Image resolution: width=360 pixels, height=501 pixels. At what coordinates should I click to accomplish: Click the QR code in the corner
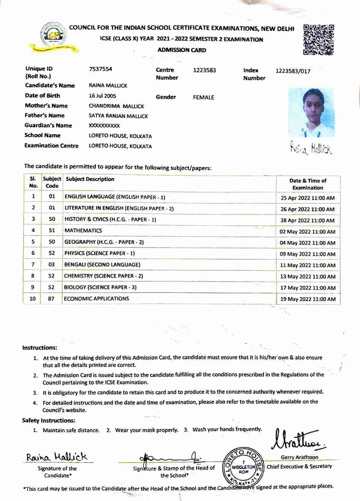pyautogui.click(x=319, y=39)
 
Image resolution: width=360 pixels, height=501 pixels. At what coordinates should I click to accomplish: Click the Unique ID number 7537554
pyautogui.click(x=101, y=69)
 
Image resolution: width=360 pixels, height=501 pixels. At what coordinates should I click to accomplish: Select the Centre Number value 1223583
pyautogui.click(x=204, y=70)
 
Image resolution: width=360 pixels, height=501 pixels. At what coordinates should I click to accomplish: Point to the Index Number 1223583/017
pyautogui.click(x=293, y=71)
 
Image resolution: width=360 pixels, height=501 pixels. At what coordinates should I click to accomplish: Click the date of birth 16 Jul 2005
pyautogui.click(x=103, y=96)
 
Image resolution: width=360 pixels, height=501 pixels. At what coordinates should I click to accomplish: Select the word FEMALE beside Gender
pyautogui.click(x=204, y=98)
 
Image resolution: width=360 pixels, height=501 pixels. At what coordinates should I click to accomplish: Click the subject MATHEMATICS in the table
pyautogui.click(x=83, y=231)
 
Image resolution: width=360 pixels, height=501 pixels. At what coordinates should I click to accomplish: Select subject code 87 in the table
pyautogui.click(x=51, y=299)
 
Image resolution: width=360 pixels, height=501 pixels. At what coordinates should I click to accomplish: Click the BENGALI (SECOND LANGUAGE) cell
pyautogui.click(x=102, y=265)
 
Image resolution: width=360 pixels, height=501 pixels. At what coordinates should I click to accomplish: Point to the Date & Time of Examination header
pyautogui.click(x=308, y=184)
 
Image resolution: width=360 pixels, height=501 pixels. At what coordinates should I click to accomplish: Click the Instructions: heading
pyautogui.click(x=39, y=348)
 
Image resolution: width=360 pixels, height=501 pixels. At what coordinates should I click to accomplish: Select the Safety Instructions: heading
pyautogui.click(x=49, y=421)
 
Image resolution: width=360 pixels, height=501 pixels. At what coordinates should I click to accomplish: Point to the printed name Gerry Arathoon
pyautogui.click(x=299, y=457)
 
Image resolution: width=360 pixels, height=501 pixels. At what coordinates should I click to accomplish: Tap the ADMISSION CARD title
pyautogui.click(x=182, y=50)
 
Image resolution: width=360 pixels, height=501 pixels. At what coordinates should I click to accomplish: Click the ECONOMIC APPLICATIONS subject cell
pyautogui.click(x=96, y=299)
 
